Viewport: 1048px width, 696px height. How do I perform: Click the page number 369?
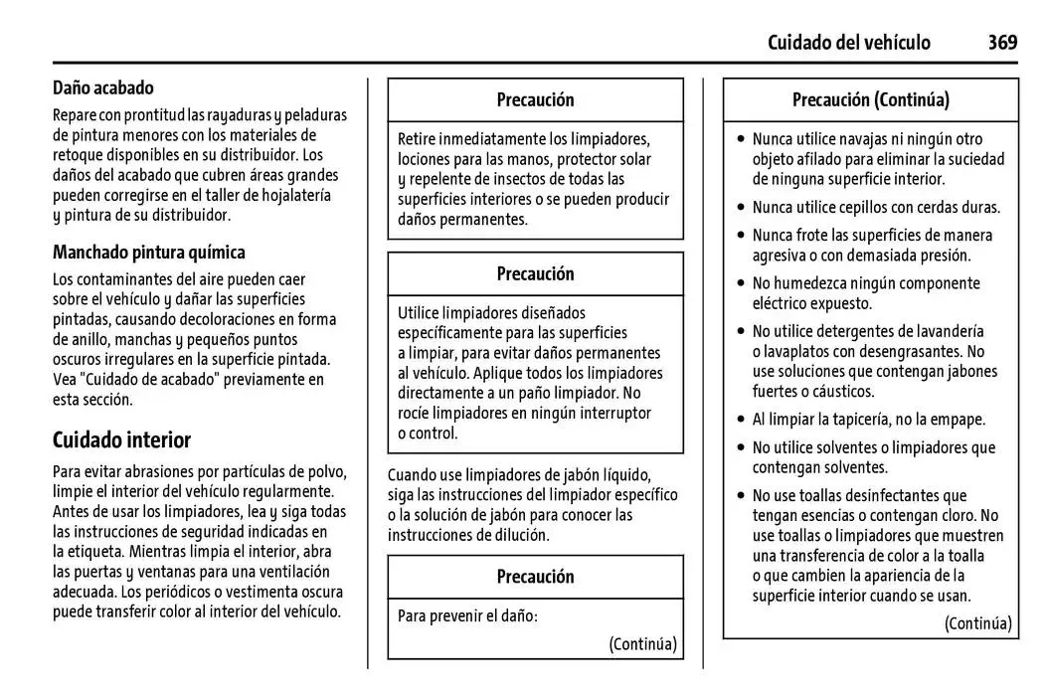coord(1002,42)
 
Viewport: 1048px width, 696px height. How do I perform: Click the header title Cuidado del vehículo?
coord(848,42)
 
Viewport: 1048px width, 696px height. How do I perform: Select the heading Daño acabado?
coord(103,88)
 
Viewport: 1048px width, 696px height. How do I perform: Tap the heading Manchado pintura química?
coord(149,252)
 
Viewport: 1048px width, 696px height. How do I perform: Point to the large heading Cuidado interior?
coord(121,438)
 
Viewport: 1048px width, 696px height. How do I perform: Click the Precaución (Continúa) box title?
coord(870,99)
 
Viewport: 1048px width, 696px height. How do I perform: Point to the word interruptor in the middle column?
coord(612,413)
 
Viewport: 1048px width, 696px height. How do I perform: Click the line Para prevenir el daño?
coord(467,615)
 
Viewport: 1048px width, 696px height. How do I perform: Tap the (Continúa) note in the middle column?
coord(642,643)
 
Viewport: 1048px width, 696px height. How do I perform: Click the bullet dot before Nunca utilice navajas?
coord(740,140)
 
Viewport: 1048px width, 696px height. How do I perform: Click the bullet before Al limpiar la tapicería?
coord(740,420)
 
